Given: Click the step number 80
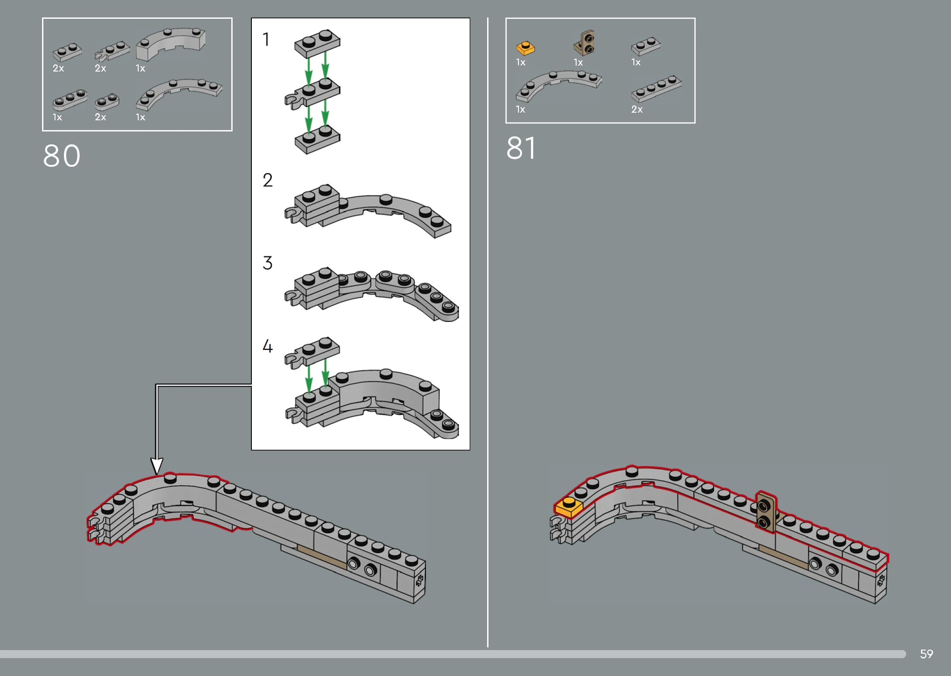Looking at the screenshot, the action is (x=62, y=156).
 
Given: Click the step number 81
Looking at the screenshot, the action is (x=521, y=148).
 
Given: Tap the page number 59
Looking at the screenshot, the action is (x=926, y=654).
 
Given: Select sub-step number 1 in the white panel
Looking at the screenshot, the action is (x=266, y=39).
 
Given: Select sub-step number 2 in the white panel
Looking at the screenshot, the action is (x=267, y=180).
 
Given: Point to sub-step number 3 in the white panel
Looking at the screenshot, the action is (x=267, y=263).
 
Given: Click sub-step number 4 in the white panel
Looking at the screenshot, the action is (x=267, y=346).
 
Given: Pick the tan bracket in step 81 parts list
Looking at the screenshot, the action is (x=584, y=43).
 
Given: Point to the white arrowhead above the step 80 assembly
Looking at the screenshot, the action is (x=157, y=466).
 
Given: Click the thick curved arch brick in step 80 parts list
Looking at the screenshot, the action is (x=170, y=43).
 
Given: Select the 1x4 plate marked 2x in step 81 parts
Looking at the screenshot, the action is (x=656, y=89).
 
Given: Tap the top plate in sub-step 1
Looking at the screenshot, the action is (x=317, y=44).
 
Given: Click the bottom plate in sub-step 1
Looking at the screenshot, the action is (x=317, y=140).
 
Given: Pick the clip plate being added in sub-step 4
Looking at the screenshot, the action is (x=312, y=353).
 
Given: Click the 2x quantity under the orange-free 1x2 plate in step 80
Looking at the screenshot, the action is (x=59, y=68).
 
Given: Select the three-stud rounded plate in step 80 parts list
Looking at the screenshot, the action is (x=70, y=100).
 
